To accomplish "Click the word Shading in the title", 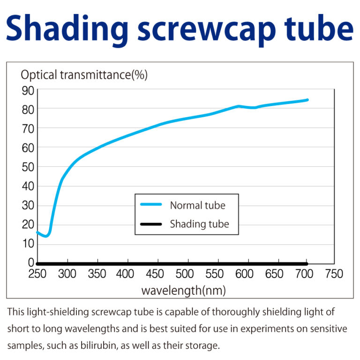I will pyautogui.click(x=65, y=30).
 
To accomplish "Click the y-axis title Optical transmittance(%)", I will pyautogui.click(x=84, y=75).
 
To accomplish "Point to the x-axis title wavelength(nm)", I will pyautogui.click(x=183, y=291).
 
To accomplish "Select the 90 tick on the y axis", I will pyautogui.click(x=28, y=90).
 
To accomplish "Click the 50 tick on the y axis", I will pyautogui.click(x=28, y=167).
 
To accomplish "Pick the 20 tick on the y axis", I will pyautogui.click(x=28, y=225).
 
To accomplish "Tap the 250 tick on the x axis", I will pyautogui.click(x=37, y=274).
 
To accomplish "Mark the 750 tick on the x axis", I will pyautogui.click(x=334, y=274).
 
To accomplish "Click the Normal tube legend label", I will pyautogui.click(x=197, y=205).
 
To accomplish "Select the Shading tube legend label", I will pyautogui.click(x=199, y=224).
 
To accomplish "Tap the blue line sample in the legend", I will pyautogui.click(x=151, y=205).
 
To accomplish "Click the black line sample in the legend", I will pyautogui.click(x=151, y=224).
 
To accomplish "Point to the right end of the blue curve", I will pyautogui.click(x=307, y=100).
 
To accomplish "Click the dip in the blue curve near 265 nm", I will pyautogui.click(x=46, y=236).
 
